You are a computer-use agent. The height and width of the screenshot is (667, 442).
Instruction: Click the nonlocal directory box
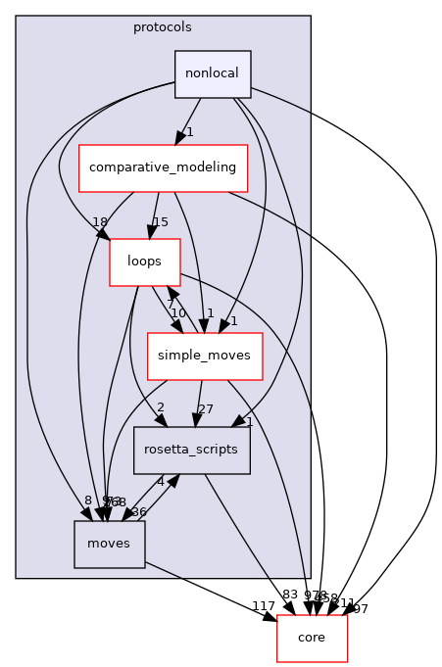(213, 74)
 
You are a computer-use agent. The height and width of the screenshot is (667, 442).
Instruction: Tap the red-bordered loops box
(144, 262)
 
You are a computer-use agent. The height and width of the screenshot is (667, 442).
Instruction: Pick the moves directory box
(110, 544)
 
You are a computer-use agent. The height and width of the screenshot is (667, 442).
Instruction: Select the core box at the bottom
(312, 639)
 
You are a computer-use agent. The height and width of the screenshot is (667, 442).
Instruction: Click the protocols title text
(163, 26)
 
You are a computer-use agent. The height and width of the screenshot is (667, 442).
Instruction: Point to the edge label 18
(100, 222)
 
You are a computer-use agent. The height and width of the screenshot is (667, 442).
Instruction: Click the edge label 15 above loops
(161, 222)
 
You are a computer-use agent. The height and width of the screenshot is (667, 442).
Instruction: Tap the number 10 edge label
(178, 313)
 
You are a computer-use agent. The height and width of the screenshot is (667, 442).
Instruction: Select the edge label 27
(206, 409)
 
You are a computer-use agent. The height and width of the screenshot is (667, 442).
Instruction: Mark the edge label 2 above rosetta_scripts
(159, 407)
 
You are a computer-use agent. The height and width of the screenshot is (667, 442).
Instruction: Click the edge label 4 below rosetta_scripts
(160, 481)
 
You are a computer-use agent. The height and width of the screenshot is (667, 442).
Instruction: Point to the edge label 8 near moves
(87, 501)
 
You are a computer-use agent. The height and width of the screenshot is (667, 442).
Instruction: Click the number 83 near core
(289, 595)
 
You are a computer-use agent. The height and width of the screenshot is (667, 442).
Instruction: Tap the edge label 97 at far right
(361, 609)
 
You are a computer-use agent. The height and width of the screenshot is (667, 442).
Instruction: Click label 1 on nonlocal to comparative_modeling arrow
(189, 131)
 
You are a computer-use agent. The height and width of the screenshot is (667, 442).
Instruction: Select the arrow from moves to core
(211, 593)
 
